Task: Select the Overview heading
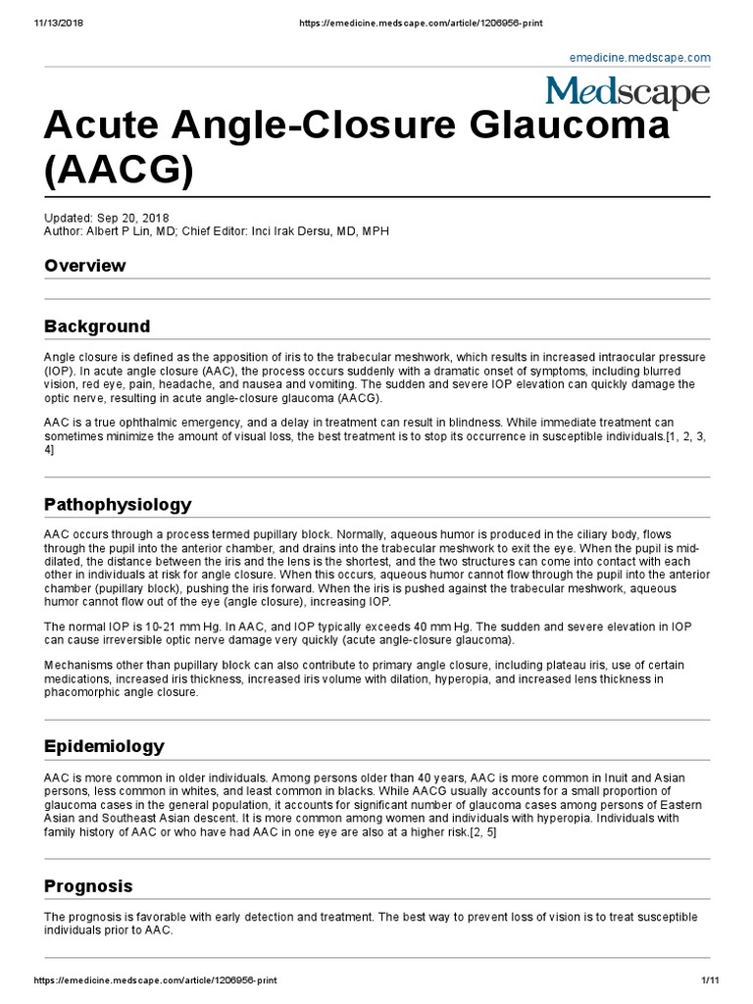coord(85,266)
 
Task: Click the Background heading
coord(97,326)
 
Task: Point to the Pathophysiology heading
coord(118,504)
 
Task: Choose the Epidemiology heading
coord(104,746)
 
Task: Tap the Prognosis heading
coord(88,885)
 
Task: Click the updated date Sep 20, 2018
coord(138,217)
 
